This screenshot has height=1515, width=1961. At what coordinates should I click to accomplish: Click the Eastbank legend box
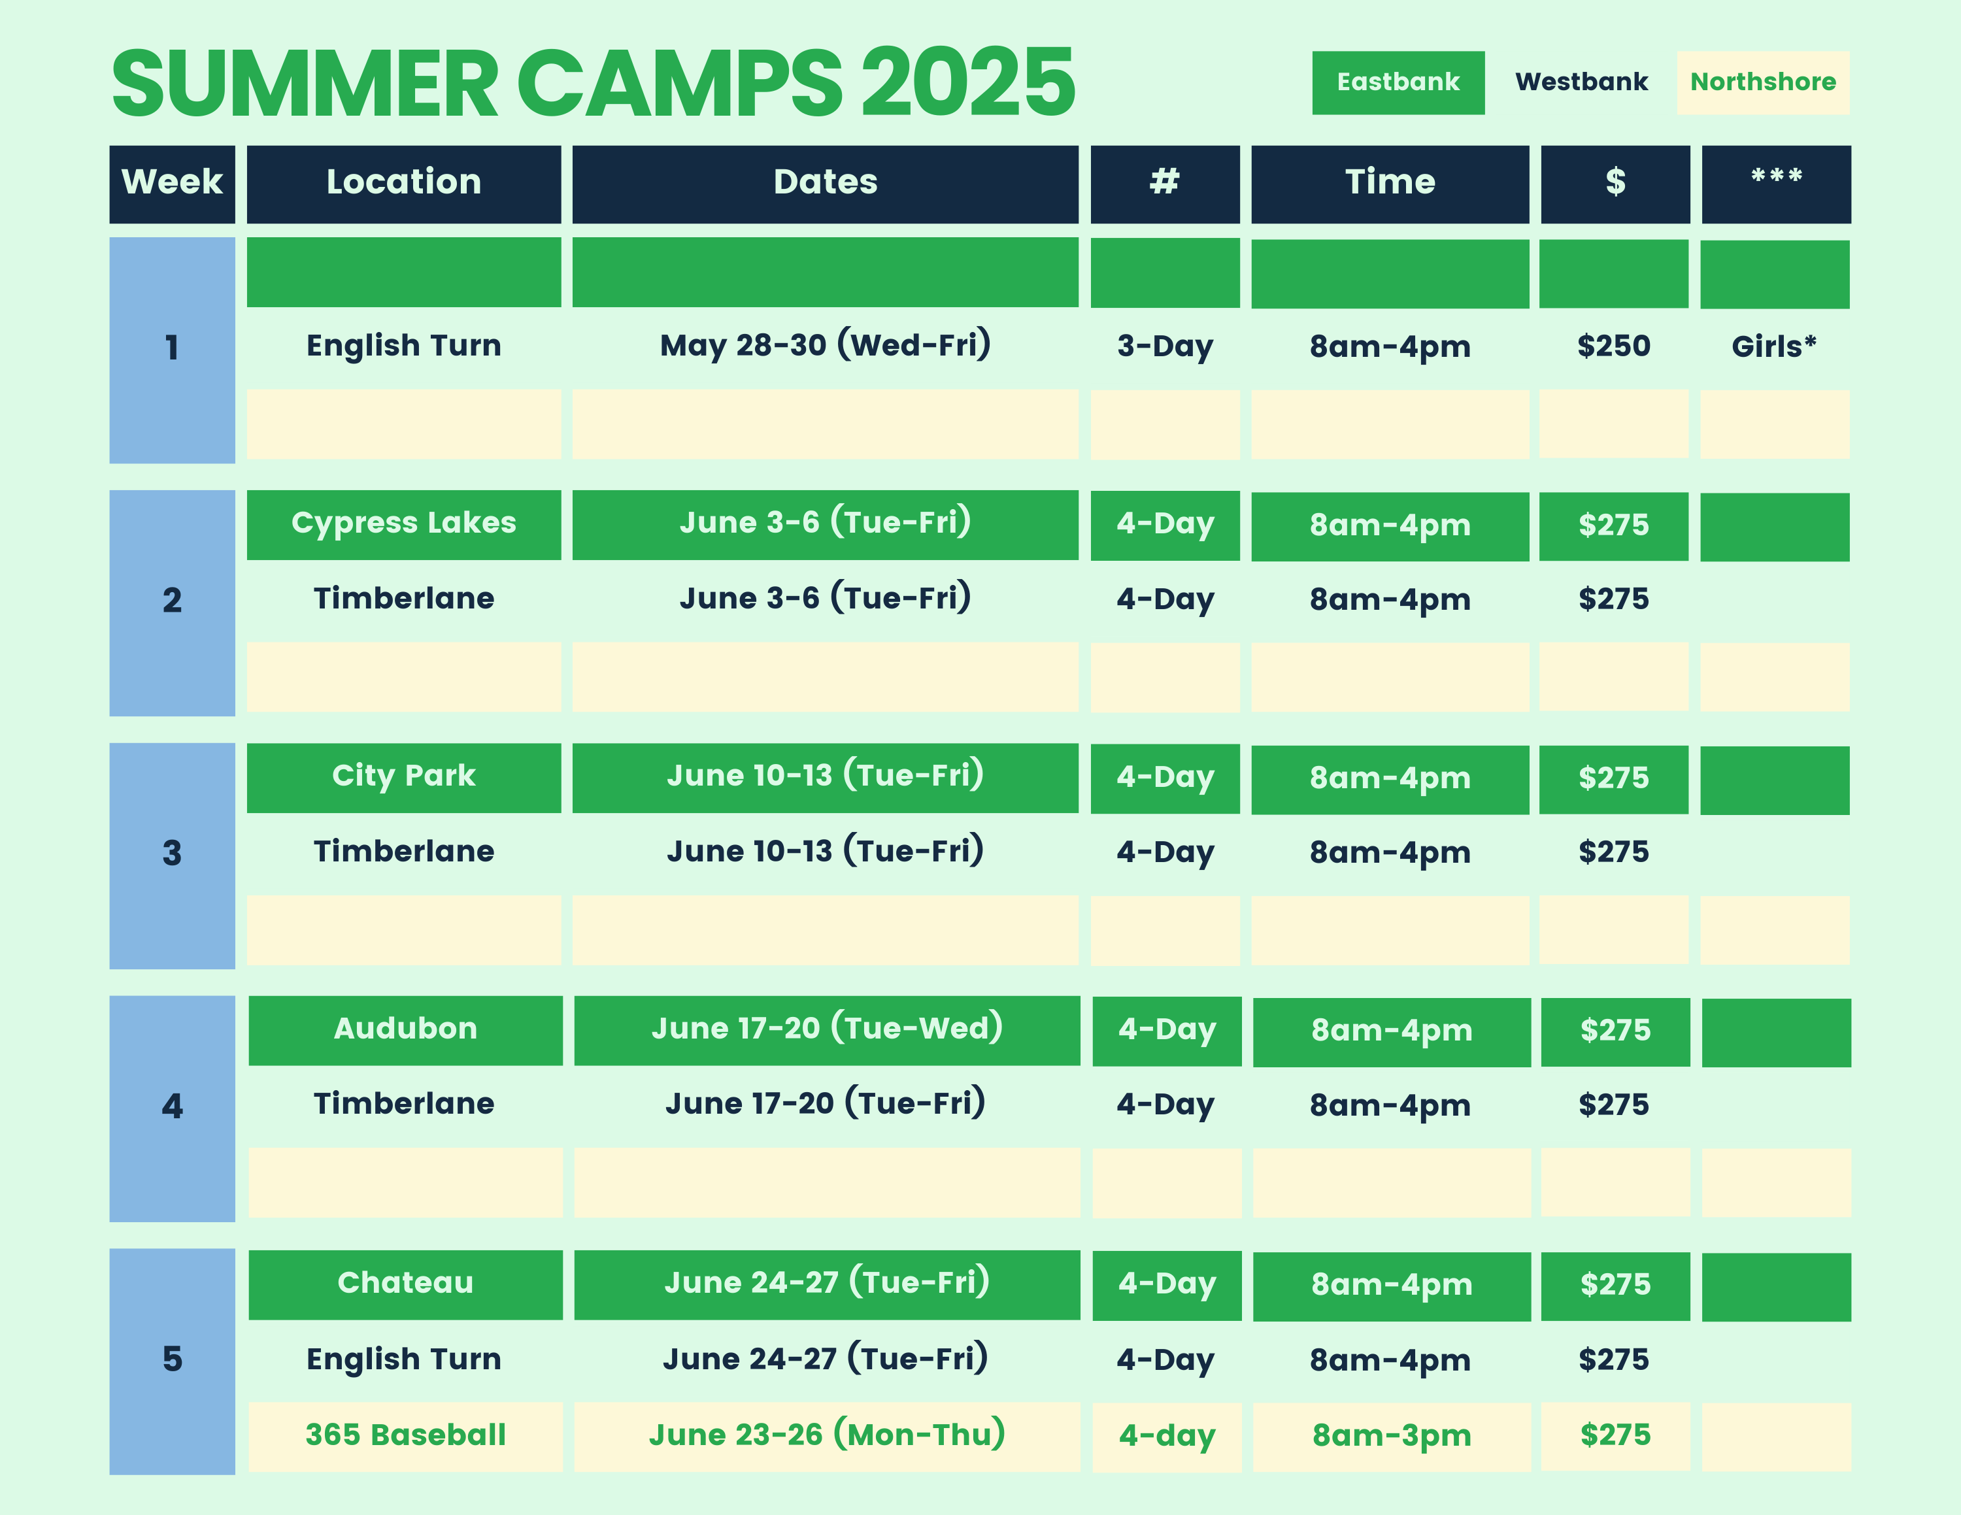tap(1398, 82)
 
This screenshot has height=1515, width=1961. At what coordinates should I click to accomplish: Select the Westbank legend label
tap(1581, 82)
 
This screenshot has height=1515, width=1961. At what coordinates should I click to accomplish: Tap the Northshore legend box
tap(1762, 82)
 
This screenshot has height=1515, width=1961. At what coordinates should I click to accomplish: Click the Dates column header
tap(825, 184)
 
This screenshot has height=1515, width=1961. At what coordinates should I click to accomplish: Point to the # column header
tap(1165, 184)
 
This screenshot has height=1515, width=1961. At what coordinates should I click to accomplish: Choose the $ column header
tap(1615, 184)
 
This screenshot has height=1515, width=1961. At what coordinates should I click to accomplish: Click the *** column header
tap(1776, 184)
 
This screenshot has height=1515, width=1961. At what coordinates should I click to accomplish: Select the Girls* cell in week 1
tap(1774, 346)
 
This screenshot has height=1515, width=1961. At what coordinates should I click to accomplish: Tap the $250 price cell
tap(1613, 346)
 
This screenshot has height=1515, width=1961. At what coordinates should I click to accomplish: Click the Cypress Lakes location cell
tap(404, 525)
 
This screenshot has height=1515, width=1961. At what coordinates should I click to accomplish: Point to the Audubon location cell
tap(406, 1030)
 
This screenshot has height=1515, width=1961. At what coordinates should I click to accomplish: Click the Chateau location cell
tap(406, 1284)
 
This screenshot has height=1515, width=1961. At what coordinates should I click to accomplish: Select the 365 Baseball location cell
tap(406, 1436)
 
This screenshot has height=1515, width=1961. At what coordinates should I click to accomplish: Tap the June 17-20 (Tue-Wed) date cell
tap(827, 1030)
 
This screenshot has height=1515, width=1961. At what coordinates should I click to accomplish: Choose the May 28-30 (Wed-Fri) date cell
tap(825, 346)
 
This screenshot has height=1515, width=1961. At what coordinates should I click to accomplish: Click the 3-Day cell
tap(1165, 346)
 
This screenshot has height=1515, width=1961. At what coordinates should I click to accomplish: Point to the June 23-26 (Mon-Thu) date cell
tap(827, 1436)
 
